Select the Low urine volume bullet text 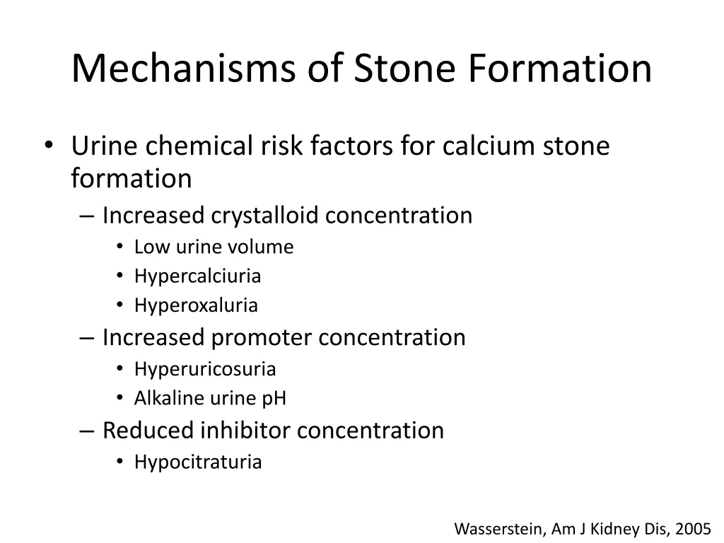pyautogui.click(x=214, y=247)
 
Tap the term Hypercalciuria pyautogui.click(x=197, y=276)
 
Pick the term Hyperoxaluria pyautogui.click(x=196, y=306)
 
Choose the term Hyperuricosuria pyautogui.click(x=205, y=369)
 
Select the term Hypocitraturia pyautogui.click(x=198, y=462)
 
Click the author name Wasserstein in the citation pyautogui.click(x=497, y=529)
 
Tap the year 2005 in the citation pyautogui.click(x=693, y=529)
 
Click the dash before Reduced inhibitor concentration pyautogui.click(x=87, y=431)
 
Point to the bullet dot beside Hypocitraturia pyautogui.click(x=120, y=462)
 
